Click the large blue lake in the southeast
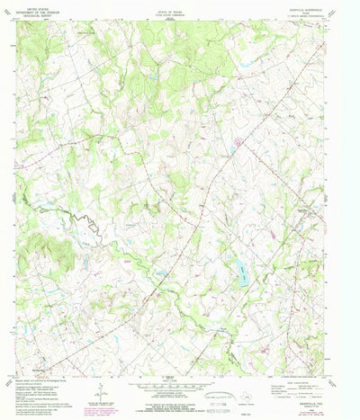[x=240, y=270]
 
